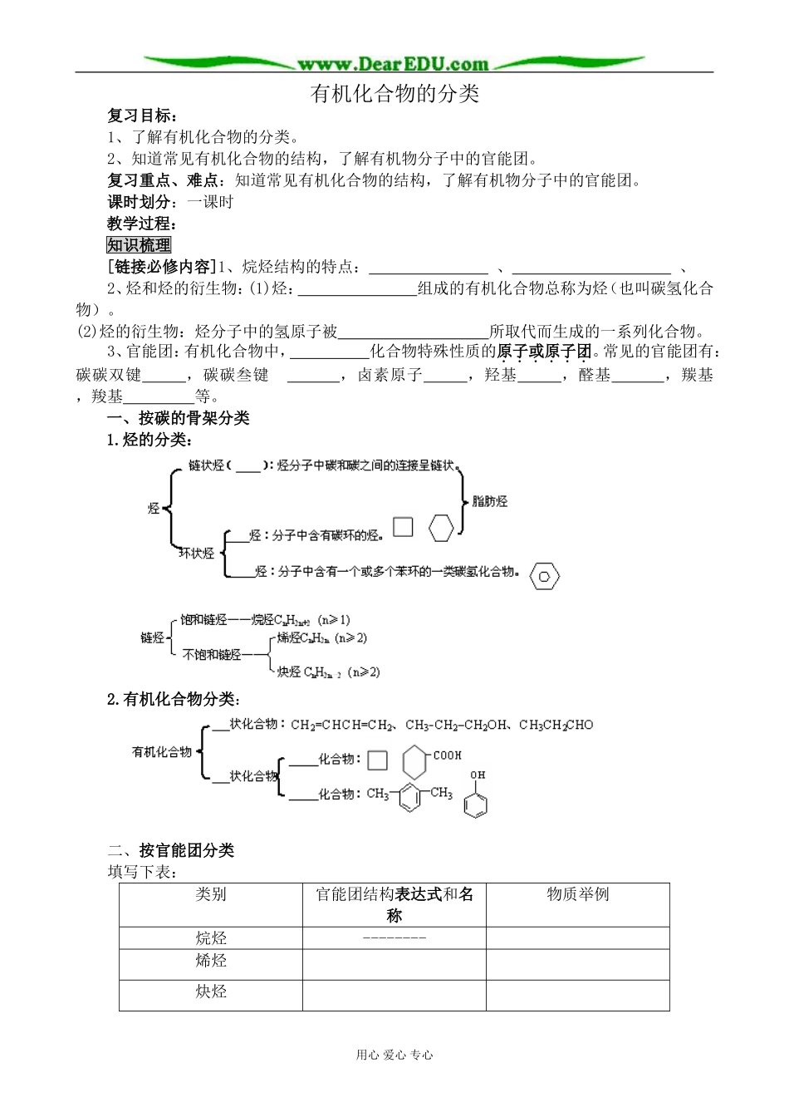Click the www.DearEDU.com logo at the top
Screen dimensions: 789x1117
click(394, 63)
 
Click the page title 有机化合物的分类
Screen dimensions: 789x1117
click(394, 93)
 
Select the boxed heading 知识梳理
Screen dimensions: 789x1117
click(139, 244)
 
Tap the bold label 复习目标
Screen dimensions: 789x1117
click(142, 116)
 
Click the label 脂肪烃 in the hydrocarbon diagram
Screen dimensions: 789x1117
click(489, 501)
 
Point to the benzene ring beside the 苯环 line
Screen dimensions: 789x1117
click(544, 575)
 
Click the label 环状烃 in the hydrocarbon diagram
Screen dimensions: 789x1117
click(197, 553)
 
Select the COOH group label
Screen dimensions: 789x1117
click(447, 755)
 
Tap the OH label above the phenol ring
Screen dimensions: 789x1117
click(478, 775)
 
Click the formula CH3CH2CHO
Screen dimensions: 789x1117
click(556, 725)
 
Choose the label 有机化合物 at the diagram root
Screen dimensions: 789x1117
click(162, 752)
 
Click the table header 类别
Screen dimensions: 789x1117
click(211, 894)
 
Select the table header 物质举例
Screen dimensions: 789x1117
click(578, 894)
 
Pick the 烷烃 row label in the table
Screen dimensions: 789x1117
click(211, 938)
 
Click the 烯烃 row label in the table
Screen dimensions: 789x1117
click(211, 961)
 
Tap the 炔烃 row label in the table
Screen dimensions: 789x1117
click(211, 992)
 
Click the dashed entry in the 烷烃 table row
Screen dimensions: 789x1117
click(394, 938)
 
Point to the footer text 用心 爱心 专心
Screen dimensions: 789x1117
click(394, 1055)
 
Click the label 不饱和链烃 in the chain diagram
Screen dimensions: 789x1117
click(212, 655)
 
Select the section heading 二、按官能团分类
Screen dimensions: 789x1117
click(172, 850)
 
